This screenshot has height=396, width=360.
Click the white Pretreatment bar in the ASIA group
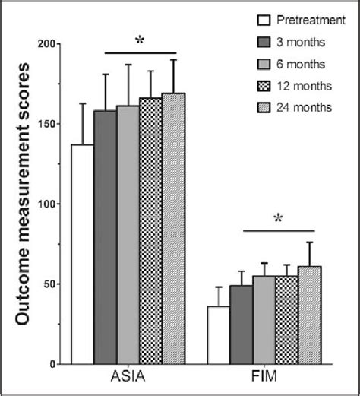click(82, 254)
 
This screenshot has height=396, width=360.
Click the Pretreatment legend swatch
click(265, 19)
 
